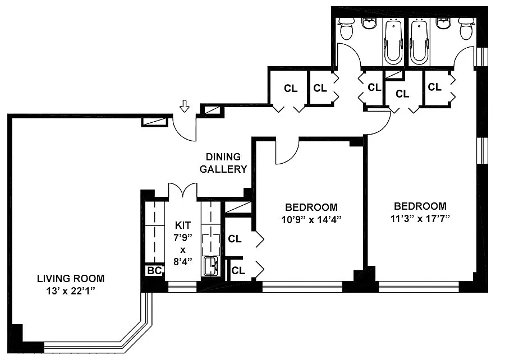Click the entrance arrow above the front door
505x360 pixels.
click(184, 106)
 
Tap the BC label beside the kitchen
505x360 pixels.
click(154, 271)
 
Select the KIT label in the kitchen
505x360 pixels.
click(182, 225)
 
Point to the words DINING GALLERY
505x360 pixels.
click(223, 163)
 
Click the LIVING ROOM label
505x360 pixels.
click(71, 278)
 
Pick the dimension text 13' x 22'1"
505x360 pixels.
click(71, 291)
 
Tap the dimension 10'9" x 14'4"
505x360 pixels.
click(311, 219)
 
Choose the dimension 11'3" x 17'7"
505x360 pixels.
click(420, 219)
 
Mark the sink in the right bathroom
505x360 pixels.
click(443, 23)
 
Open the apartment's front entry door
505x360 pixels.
click(185, 128)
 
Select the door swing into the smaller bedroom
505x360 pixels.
click(287, 151)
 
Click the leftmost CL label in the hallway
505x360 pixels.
click(291, 88)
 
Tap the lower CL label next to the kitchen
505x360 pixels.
click(238, 271)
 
